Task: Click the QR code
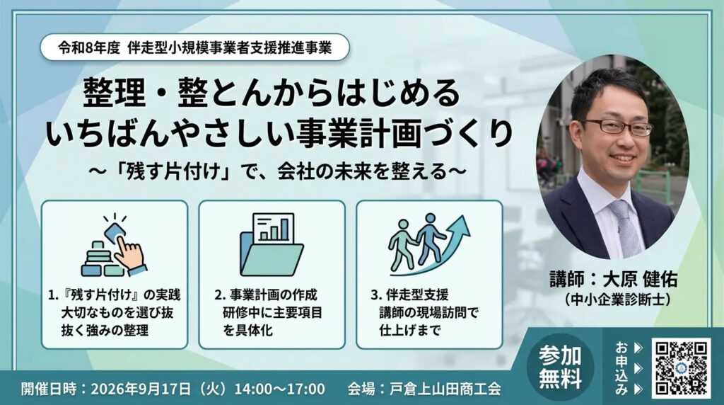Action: [682, 368]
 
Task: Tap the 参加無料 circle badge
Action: [560, 367]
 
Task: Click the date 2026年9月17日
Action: [141, 389]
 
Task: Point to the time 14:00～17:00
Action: [279, 389]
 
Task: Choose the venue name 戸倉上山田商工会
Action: [445, 389]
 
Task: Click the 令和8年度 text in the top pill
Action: [88, 48]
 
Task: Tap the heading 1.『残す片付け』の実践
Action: [115, 295]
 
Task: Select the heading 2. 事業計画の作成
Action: [266, 295]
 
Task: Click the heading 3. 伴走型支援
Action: [409, 295]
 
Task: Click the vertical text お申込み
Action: [621, 368]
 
